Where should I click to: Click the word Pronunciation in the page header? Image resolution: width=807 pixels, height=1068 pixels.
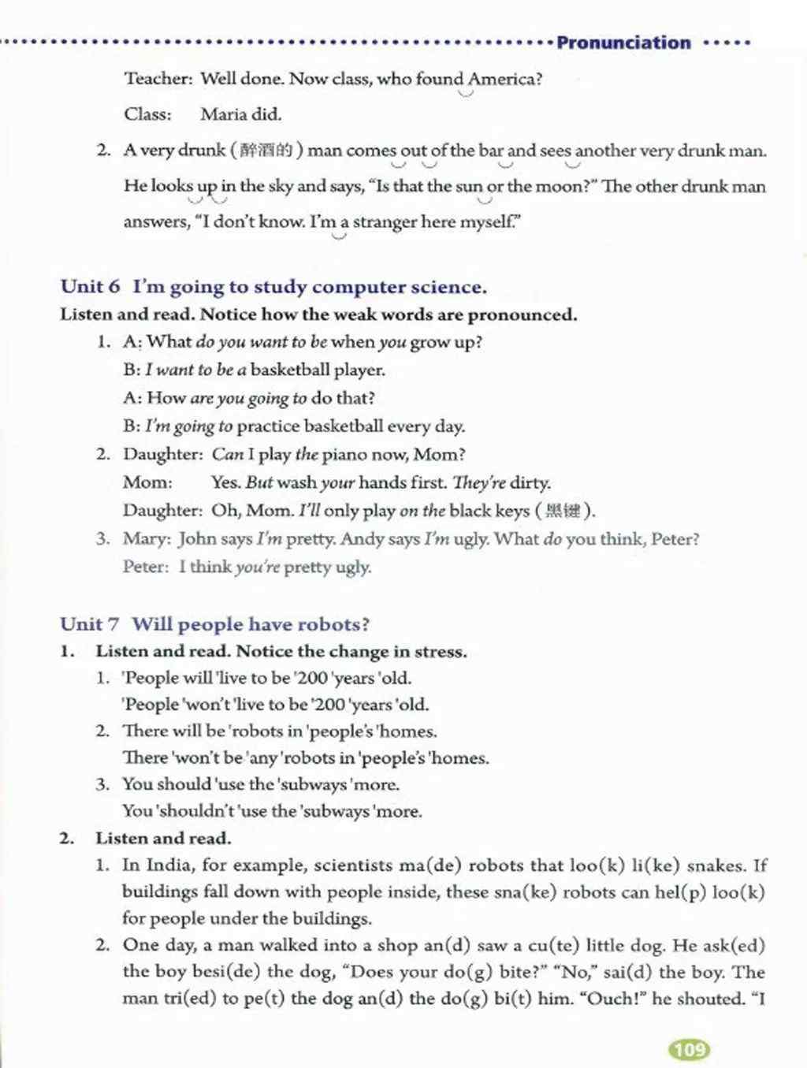click(x=623, y=43)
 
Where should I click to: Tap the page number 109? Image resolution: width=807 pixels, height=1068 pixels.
click(x=689, y=1050)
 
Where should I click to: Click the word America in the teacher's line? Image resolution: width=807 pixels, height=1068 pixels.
click(x=501, y=79)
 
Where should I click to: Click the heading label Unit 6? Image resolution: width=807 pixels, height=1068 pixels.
click(x=90, y=287)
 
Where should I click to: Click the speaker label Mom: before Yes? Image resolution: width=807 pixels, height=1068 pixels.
click(x=147, y=482)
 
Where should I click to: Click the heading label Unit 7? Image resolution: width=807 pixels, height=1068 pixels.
click(x=90, y=625)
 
